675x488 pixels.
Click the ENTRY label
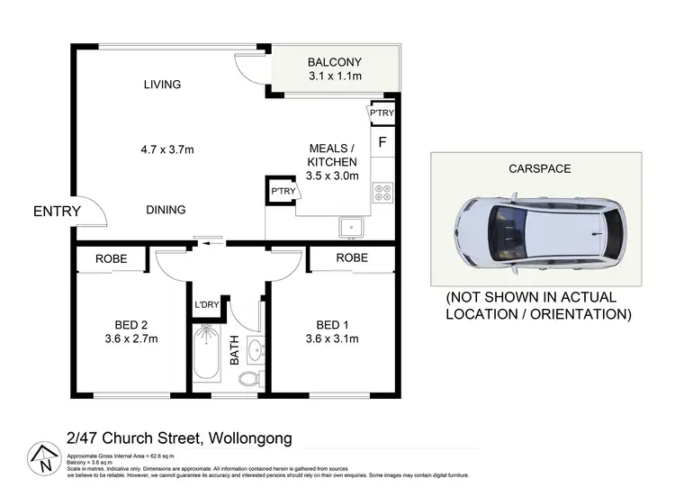tap(57, 212)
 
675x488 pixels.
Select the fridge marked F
tap(382, 142)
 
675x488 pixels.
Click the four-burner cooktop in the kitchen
tap(382, 192)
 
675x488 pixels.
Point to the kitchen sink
tap(350, 227)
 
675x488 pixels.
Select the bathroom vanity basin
tap(254, 349)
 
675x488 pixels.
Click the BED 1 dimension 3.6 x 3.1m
tap(332, 339)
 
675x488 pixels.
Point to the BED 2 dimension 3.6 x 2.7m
tap(130, 339)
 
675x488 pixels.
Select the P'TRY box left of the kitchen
tap(283, 192)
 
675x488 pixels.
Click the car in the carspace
tap(535, 234)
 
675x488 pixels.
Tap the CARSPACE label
tap(540, 168)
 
